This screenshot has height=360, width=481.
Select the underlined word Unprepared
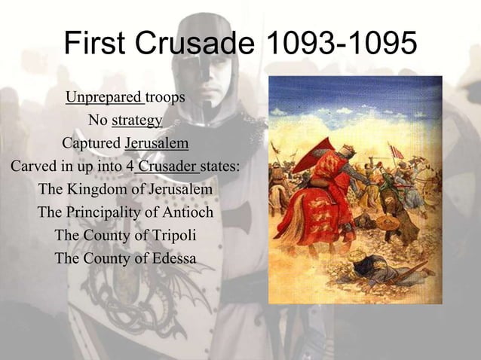pyautogui.click(x=104, y=98)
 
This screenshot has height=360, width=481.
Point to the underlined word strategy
pyautogui.click(x=136, y=121)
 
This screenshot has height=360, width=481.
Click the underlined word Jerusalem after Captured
pyautogui.click(x=156, y=143)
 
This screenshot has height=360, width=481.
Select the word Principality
pyautogui.click(x=106, y=212)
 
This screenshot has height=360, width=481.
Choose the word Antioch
pyautogui.click(x=186, y=212)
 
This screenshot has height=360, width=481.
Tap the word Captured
pyautogui.click(x=91, y=143)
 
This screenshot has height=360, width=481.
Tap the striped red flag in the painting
pyautogui.click(x=397, y=151)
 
